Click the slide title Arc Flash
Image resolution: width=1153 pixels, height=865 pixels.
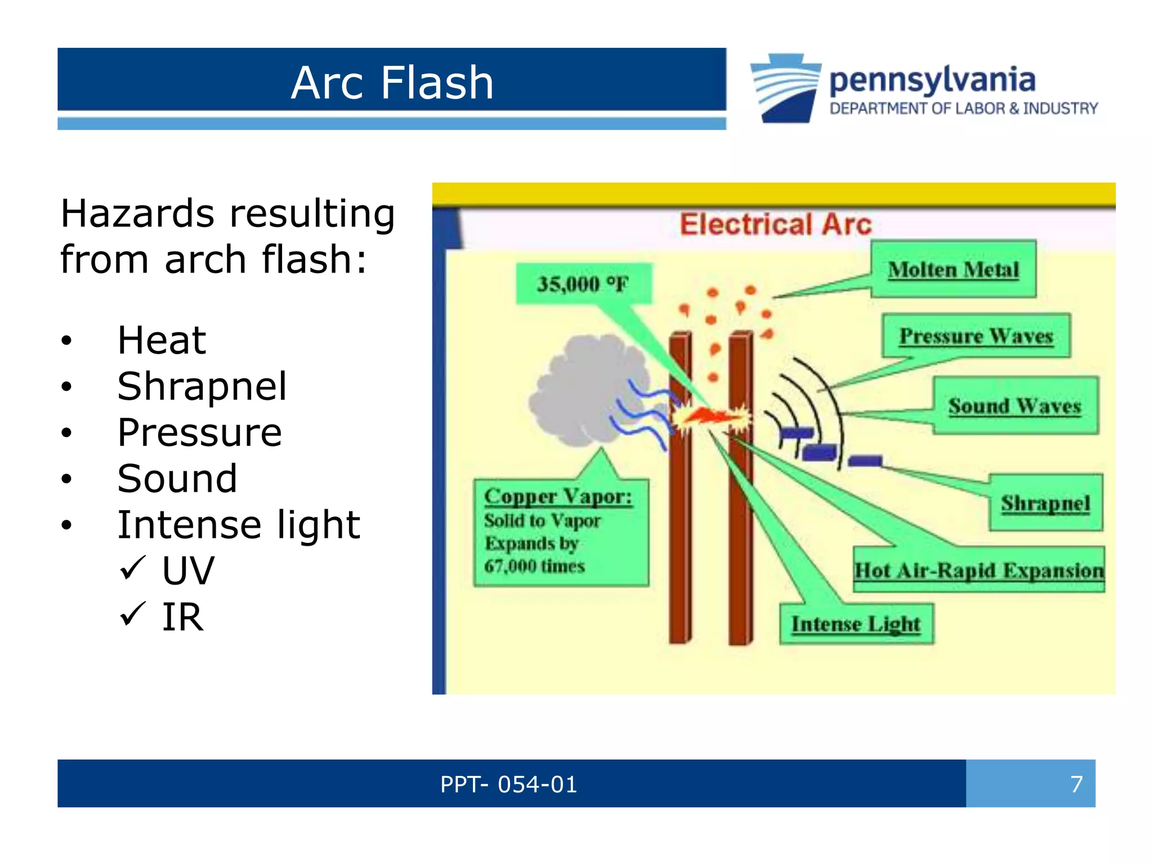[392, 83]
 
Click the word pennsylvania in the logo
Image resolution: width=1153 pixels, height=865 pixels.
[932, 79]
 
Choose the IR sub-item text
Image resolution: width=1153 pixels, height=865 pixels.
[182, 617]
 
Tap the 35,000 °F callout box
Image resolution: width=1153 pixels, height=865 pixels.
[583, 284]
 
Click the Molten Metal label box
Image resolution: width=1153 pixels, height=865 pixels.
[953, 270]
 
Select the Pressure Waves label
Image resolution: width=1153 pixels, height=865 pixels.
[976, 336]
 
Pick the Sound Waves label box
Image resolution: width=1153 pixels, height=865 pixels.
[1015, 406]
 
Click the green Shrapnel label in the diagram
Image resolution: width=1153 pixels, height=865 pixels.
[1045, 503]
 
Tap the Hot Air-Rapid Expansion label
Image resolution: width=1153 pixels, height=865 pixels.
[978, 570]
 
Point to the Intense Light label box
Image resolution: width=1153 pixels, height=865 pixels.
[856, 624]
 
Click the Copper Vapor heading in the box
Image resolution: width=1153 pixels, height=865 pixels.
[558, 497]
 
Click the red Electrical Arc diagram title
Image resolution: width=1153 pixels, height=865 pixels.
[775, 224]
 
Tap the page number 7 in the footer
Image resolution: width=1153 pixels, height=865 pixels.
[1076, 784]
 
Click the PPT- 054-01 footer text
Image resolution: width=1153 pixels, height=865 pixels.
[508, 784]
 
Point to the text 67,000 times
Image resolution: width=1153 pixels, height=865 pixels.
[534, 566]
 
